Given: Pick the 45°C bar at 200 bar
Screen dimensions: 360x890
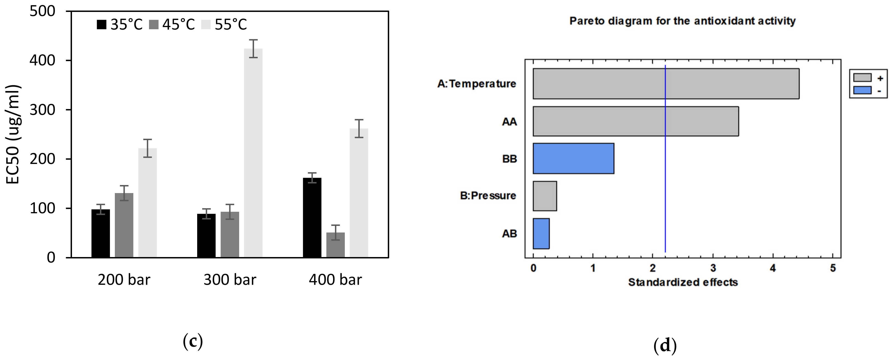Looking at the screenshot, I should click(124, 225).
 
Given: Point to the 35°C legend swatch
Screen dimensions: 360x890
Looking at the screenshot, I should click(101, 25).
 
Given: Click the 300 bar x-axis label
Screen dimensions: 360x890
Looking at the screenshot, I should click(230, 280).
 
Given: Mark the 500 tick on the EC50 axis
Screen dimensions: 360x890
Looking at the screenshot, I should click(42, 11).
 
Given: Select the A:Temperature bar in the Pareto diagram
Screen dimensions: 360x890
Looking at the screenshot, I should click(666, 84).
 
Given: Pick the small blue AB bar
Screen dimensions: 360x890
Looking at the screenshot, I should click(541, 234).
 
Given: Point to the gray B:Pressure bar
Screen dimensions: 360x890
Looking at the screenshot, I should click(545, 196).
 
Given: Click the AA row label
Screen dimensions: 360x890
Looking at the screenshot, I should click(509, 122).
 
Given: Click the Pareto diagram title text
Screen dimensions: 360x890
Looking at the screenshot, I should click(682, 21).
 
